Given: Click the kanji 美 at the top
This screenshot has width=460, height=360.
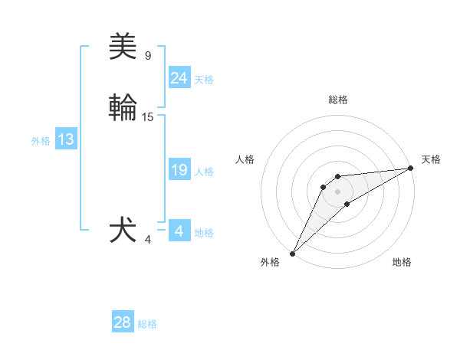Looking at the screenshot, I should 123,47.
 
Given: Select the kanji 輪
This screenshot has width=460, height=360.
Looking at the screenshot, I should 123,108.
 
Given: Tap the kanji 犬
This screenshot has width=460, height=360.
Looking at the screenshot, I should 123,231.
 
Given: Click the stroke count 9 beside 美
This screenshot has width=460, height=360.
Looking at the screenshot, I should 148,56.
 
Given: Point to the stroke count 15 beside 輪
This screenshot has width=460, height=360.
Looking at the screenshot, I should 148,117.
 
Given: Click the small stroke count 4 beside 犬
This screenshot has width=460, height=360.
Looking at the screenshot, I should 148,240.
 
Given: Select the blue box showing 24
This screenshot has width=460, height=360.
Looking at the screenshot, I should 179,78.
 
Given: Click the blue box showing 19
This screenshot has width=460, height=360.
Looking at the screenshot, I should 179,170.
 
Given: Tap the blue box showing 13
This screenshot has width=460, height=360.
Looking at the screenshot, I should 66,139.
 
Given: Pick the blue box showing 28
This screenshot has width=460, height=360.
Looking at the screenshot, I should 123,322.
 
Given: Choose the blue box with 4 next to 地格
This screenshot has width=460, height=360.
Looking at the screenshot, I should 179,231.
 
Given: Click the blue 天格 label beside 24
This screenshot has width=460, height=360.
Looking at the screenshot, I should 204,80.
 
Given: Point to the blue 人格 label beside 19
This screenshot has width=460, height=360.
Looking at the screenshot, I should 204,172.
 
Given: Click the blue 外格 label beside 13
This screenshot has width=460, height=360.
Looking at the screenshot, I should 41,141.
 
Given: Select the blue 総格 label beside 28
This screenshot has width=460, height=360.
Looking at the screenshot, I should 148,324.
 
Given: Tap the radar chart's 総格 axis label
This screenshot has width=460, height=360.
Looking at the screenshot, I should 337,100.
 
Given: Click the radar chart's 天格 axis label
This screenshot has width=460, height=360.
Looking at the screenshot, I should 431,159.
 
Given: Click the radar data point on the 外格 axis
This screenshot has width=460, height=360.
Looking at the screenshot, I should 292,253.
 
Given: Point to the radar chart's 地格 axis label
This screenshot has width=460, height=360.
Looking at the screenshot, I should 402,262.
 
